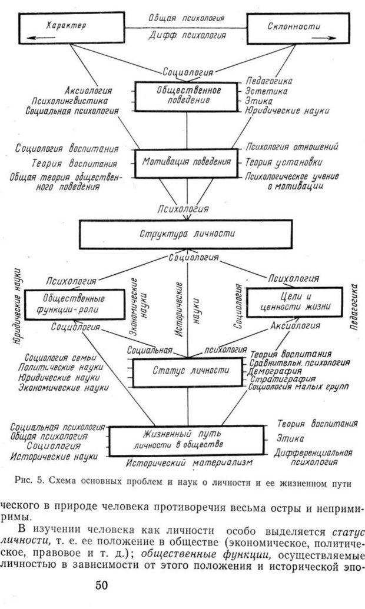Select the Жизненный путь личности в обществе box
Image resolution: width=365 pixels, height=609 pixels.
pyautogui.click(x=187, y=439)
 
